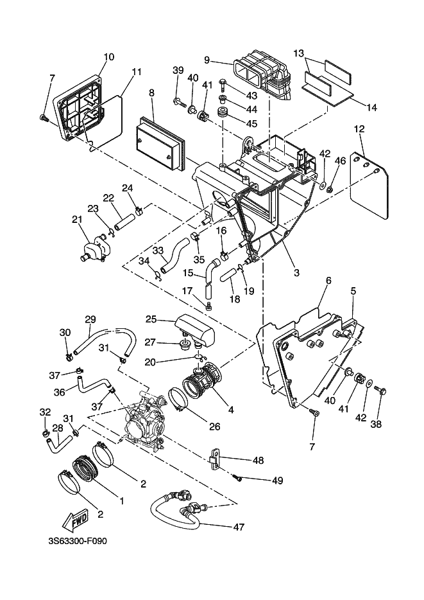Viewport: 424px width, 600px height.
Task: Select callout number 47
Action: coord(239,527)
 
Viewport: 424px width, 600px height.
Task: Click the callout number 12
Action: coord(359,129)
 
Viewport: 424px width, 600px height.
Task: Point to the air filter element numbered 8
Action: coord(161,141)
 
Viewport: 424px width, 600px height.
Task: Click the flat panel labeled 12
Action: coord(370,187)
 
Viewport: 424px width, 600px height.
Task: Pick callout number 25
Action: coord(151,319)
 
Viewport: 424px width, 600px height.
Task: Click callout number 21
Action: coord(77,220)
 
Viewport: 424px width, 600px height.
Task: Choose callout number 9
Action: coord(207,60)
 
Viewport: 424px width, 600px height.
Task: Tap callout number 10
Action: coord(109,57)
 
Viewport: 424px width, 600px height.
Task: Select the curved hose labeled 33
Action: coord(174,255)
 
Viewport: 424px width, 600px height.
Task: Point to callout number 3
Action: coord(297,273)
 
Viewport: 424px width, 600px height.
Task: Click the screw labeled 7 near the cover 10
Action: coord(44,118)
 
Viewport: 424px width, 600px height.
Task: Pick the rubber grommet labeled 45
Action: coord(222,113)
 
